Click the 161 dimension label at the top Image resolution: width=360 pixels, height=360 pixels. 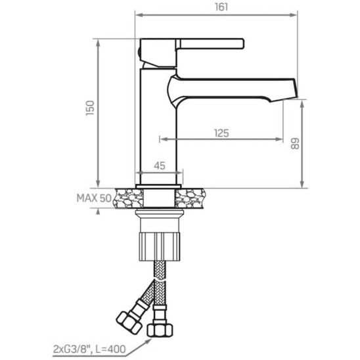click(221, 7)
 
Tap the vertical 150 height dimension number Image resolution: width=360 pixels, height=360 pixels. click(90, 108)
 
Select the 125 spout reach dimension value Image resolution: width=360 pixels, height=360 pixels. click(221, 133)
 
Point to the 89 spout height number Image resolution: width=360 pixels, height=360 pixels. click(295, 144)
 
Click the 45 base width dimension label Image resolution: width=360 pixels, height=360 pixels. click(160, 166)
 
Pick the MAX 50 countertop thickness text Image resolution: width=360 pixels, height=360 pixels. click(94, 198)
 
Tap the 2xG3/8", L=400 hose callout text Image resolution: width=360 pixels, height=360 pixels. click(89, 349)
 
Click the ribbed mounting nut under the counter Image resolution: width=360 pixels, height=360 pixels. click(160, 246)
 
